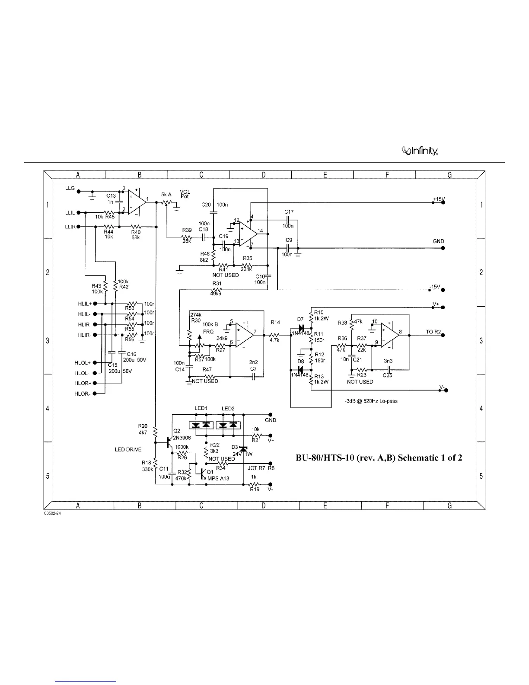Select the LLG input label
click(x=70, y=189)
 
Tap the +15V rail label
click(x=439, y=199)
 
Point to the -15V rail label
click(x=434, y=287)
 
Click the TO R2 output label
click(x=433, y=332)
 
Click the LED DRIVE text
click(x=128, y=450)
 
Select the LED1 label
click(x=201, y=409)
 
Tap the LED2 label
click(x=228, y=409)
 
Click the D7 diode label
click(x=300, y=320)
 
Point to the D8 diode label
click(x=300, y=361)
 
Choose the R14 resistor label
click(x=275, y=322)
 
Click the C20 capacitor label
click(x=206, y=205)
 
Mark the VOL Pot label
click(x=185, y=194)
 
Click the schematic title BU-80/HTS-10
click(x=379, y=458)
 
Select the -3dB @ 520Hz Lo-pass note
click(x=371, y=401)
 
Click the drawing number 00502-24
click(x=52, y=513)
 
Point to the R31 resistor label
click(x=217, y=284)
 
